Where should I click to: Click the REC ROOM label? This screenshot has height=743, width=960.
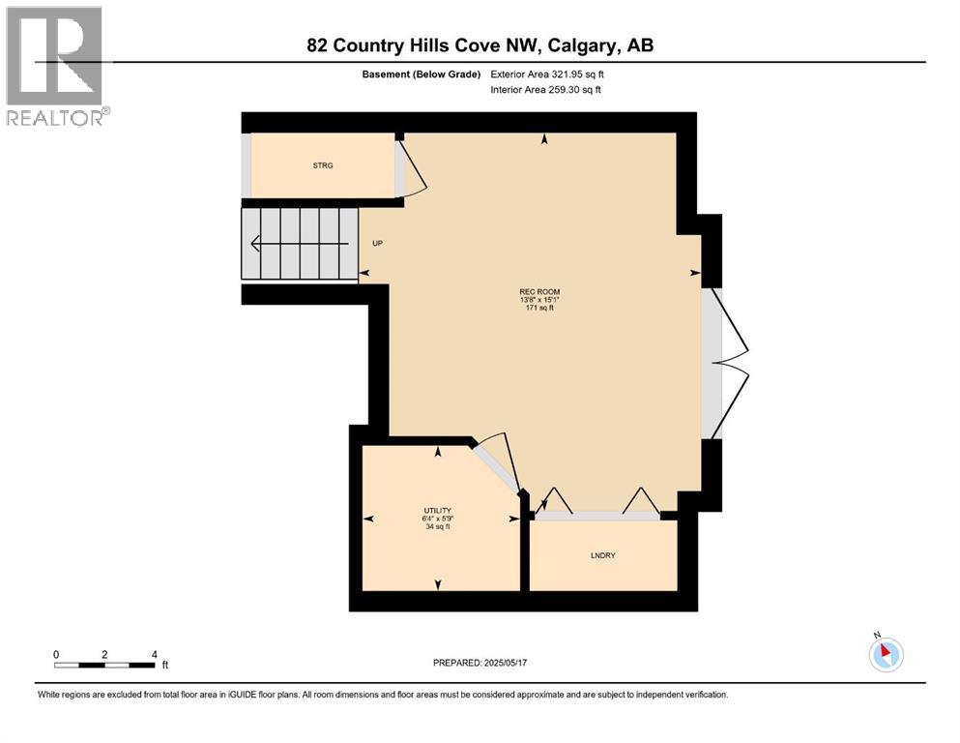(x=538, y=292)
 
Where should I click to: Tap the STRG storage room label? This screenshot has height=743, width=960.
(x=322, y=166)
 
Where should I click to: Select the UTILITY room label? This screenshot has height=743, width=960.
(x=437, y=510)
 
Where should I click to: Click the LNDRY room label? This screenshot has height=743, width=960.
(x=602, y=555)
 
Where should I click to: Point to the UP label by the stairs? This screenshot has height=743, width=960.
(x=378, y=243)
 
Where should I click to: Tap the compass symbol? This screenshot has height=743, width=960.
(x=886, y=654)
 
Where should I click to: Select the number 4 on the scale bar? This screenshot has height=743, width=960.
(x=154, y=654)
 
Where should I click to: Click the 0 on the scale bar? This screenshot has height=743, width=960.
(x=56, y=654)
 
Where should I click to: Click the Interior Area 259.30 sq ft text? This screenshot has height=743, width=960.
(x=545, y=90)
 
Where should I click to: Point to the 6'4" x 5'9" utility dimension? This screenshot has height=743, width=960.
(x=437, y=519)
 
